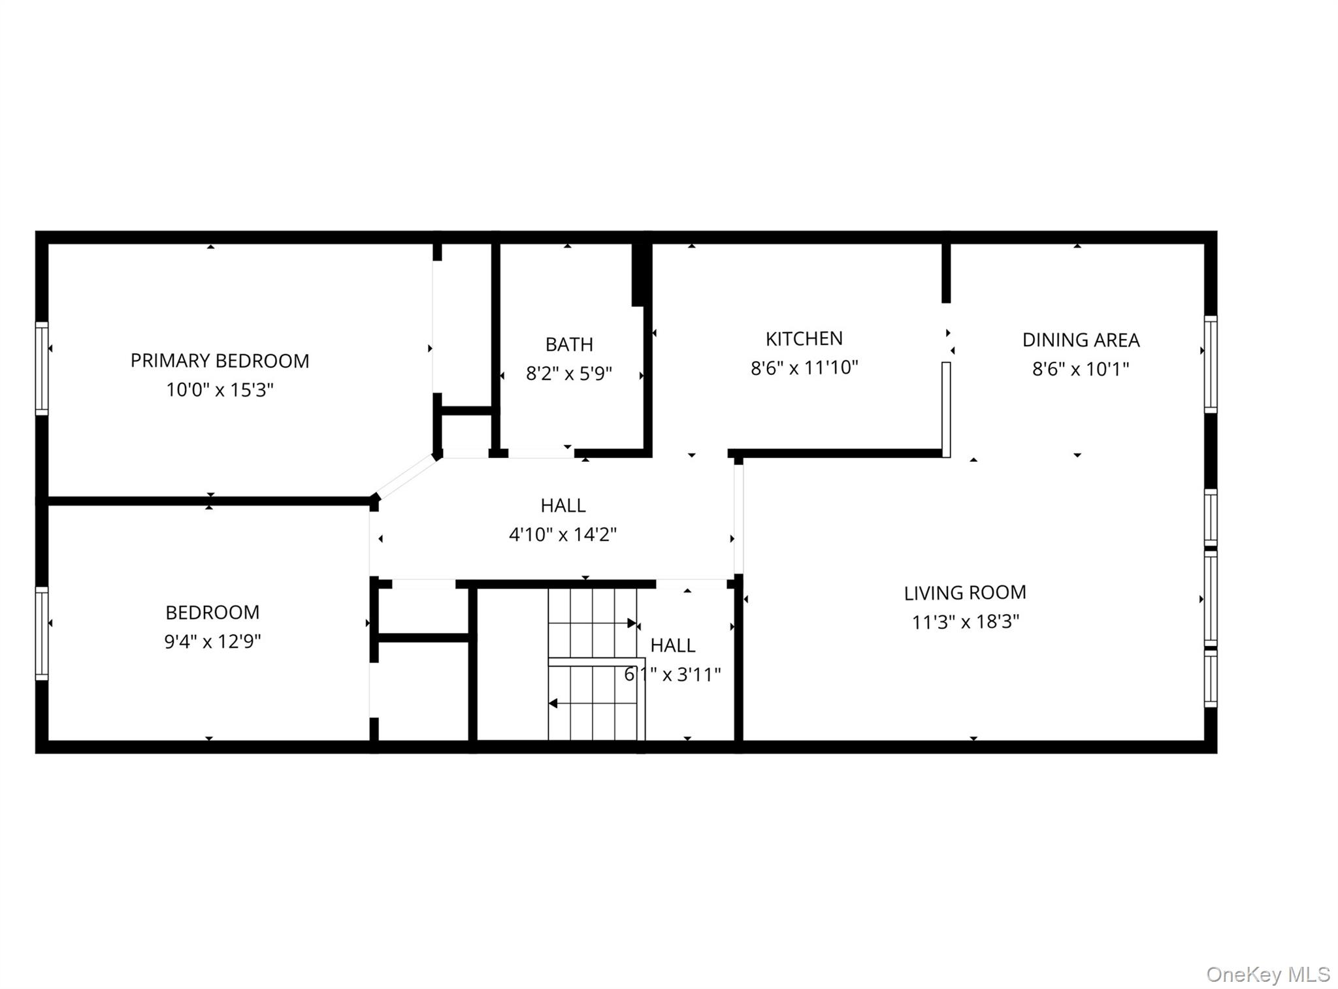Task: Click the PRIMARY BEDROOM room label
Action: pyautogui.click(x=220, y=361)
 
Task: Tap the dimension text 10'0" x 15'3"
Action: pyautogui.click(x=220, y=390)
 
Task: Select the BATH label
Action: pyautogui.click(x=569, y=344)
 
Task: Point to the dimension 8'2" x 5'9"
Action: pyautogui.click(x=569, y=374)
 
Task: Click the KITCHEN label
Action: pyautogui.click(x=804, y=338)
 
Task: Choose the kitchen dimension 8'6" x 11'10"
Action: pyautogui.click(x=804, y=368)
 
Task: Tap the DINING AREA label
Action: pyautogui.click(x=1081, y=340)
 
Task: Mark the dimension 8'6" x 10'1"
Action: pyautogui.click(x=1081, y=369)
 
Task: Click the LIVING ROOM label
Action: pyautogui.click(x=965, y=592)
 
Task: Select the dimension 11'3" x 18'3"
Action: pyautogui.click(x=965, y=621)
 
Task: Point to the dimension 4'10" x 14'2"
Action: pyautogui.click(x=563, y=534)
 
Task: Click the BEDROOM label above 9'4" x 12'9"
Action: pyautogui.click(x=212, y=612)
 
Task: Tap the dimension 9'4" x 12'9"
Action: pyautogui.click(x=212, y=641)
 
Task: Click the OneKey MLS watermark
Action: pyautogui.click(x=1267, y=974)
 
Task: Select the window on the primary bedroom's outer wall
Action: pyautogui.click(x=42, y=368)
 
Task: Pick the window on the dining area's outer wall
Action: pyautogui.click(x=1210, y=364)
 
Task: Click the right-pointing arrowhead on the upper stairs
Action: pyautogui.click(x=632, y=623)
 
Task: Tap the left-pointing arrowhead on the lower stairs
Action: pyautogui.click(x=553, y=704)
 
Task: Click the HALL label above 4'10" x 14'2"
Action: pyautogui.click(x=563, y=505)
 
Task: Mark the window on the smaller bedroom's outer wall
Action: pyautogui.click(x=42, y=633)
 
